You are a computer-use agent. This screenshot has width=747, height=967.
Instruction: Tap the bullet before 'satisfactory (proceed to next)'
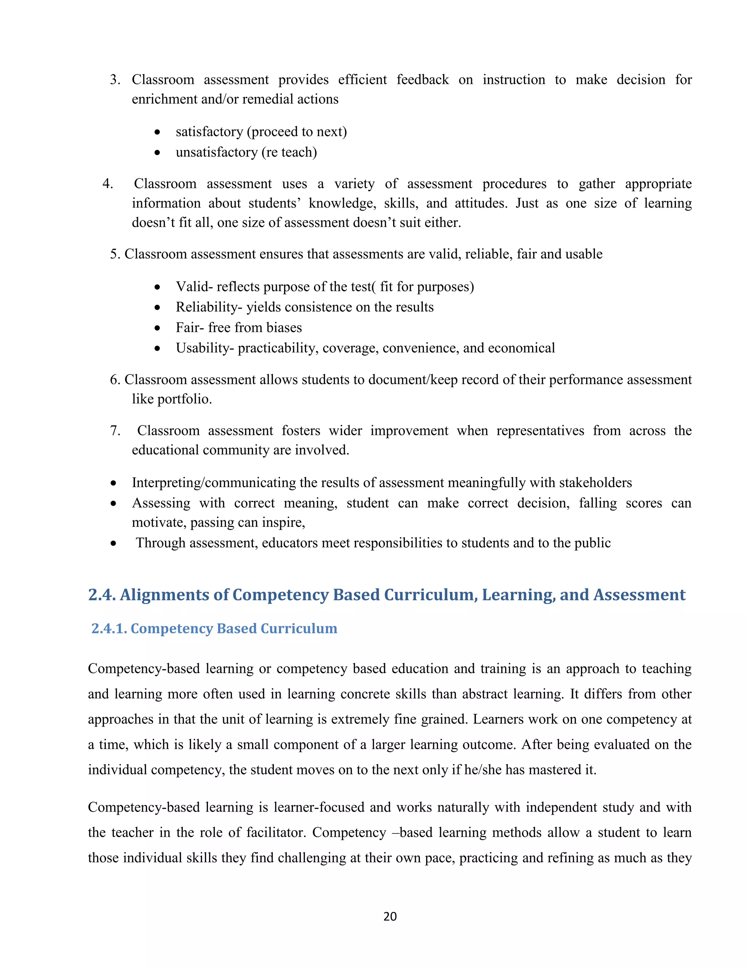[157, 132]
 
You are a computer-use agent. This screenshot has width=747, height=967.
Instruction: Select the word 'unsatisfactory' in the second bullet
[216, 152]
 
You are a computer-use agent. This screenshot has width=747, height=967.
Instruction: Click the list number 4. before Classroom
[108, 184]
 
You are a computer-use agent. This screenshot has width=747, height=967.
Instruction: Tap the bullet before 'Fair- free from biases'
[157, 328]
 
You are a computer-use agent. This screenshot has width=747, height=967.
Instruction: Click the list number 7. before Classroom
[115, 431]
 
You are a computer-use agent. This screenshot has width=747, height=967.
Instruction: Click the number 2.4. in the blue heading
[102, 595]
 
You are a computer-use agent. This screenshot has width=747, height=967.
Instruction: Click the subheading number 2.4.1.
[109, 629]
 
